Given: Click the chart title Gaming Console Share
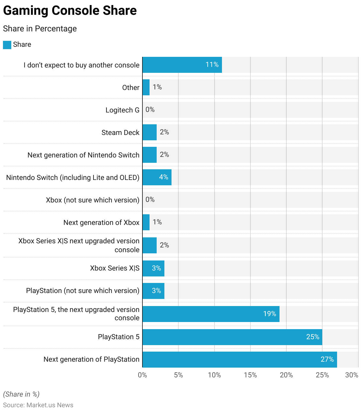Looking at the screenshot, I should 70,11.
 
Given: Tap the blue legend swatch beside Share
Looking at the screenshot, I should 7,45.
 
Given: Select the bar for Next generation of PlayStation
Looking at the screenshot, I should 239,360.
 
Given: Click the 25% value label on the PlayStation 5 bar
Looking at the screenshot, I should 313,337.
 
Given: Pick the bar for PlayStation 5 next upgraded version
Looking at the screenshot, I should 211,314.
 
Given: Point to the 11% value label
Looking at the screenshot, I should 212,65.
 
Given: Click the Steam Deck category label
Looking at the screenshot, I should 120,133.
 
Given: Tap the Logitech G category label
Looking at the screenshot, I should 122,110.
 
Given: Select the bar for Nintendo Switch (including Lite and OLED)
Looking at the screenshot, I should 157,177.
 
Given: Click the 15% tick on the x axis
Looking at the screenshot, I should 250,375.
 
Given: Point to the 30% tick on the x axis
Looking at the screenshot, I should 352,375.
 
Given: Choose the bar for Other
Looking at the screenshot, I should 146,87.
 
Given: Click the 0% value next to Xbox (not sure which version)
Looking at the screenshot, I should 150,199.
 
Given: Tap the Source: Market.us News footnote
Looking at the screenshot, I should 38,405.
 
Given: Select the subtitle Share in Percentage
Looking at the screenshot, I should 40,29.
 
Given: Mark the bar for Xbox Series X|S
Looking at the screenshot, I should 153,268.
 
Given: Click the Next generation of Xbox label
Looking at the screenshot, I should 101,223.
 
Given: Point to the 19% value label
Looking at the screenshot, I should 269,314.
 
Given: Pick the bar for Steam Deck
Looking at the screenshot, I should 150,132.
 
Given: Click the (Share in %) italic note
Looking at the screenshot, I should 21,394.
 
